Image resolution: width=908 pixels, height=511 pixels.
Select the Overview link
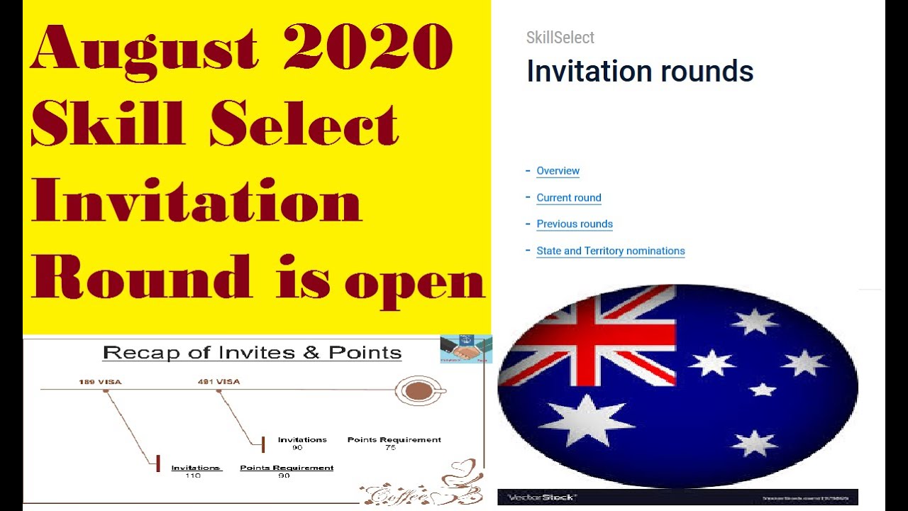click(558, 171)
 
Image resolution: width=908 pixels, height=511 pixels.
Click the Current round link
click(568, 198)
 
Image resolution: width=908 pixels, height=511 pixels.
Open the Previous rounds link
click(574, 224)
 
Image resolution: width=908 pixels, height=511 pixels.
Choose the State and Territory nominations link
click(610, 251)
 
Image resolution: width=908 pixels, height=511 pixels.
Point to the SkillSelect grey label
click(560, 38)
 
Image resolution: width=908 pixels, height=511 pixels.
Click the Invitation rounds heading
click(639, 72)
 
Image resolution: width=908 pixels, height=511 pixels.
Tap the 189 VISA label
click(100, 382)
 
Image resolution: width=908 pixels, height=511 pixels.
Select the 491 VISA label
click(218, 382)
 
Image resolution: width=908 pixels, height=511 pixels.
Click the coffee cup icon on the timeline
click(419, 390)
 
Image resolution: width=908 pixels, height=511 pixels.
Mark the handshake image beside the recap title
click(465, 348)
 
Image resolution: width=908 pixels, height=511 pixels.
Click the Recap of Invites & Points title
click(252, 353)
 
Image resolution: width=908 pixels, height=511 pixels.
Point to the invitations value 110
click(192, 476)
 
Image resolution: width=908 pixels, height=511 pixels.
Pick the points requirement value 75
click(390, 448)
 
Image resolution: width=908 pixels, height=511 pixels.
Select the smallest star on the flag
click(763, 390)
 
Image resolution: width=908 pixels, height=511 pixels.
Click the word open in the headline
click(414, 282)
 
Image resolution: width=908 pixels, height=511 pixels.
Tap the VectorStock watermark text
click(541, 498)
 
